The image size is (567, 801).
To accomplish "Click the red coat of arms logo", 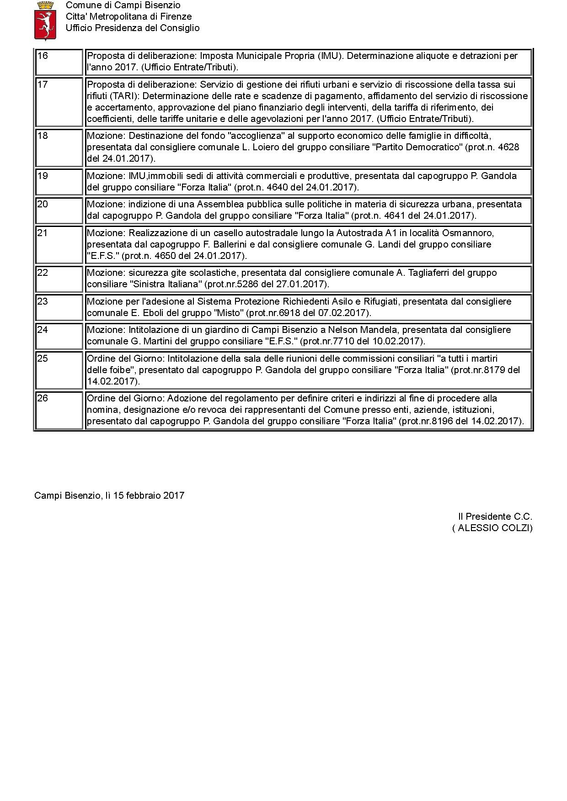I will (45, 21).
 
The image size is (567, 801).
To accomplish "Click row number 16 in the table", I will (43, 56).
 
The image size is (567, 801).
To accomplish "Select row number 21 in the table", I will (43, 233).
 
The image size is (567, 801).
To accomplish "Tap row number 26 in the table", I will (43, 398).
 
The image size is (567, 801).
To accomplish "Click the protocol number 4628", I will (507, 147).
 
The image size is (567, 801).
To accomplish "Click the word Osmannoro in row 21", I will (473, 233).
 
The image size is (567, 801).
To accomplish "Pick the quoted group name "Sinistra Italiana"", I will (166, 284).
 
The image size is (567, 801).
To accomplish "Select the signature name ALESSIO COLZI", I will (493, 528).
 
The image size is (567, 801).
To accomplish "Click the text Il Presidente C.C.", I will (495, 516).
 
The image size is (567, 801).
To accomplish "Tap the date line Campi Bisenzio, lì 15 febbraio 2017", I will (109, 495).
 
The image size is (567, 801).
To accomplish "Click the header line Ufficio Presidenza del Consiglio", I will (133, 28).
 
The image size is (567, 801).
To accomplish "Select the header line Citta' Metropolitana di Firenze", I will (129, 16).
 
